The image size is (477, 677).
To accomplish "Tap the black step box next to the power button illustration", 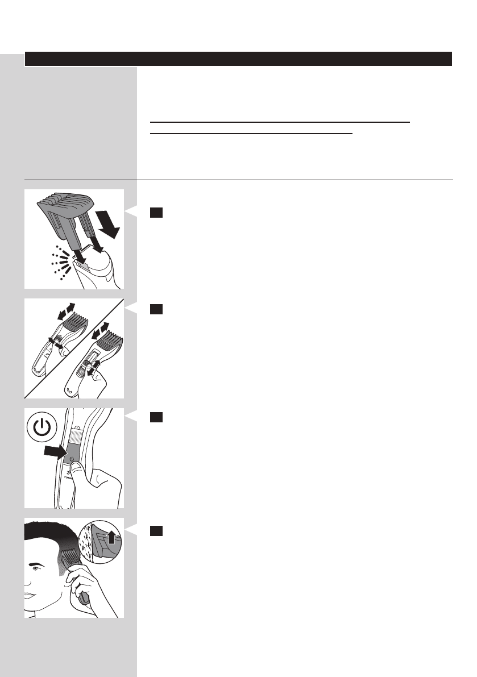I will click(x=156, y=418).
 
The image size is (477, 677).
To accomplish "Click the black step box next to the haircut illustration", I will click(x=156, y=530).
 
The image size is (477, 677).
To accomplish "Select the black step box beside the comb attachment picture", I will click(x=156, y=212).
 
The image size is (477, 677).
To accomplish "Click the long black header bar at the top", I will click(x=238, y=59).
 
